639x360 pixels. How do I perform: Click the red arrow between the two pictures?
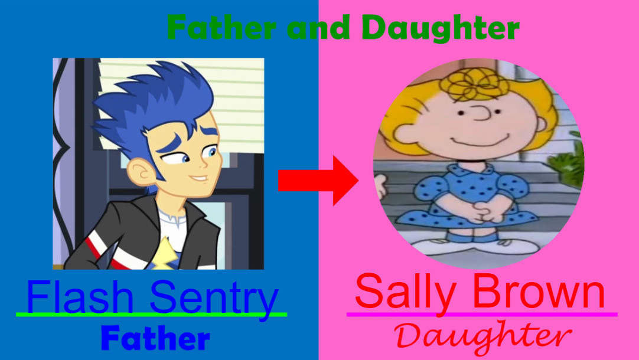(318, 181)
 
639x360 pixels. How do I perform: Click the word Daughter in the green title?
(441, 28)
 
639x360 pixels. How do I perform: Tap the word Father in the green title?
(221, 28)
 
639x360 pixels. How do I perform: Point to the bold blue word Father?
(156, 338)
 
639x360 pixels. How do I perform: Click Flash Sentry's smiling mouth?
(199, 178)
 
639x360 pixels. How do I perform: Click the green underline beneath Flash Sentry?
(151, 315)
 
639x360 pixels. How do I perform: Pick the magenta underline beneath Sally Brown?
(482, 315)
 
